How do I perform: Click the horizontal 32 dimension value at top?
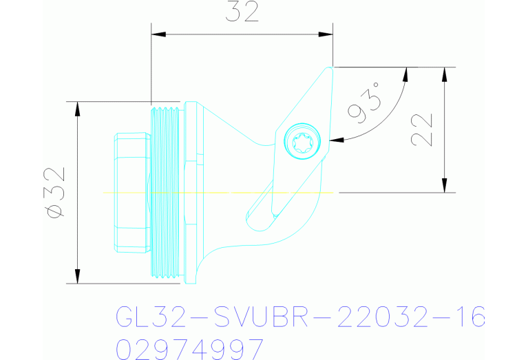(x=242, y=13)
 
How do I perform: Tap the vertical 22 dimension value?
(x=421, y=129)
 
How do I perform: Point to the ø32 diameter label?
(x=54, y=192)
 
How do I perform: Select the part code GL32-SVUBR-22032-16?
(x=299, y=318)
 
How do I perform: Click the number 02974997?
(x=189, y=348)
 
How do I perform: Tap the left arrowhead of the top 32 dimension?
(x=158, y=32)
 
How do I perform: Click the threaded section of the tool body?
(x=165, y=192)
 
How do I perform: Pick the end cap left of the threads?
(x=130, y=192)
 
